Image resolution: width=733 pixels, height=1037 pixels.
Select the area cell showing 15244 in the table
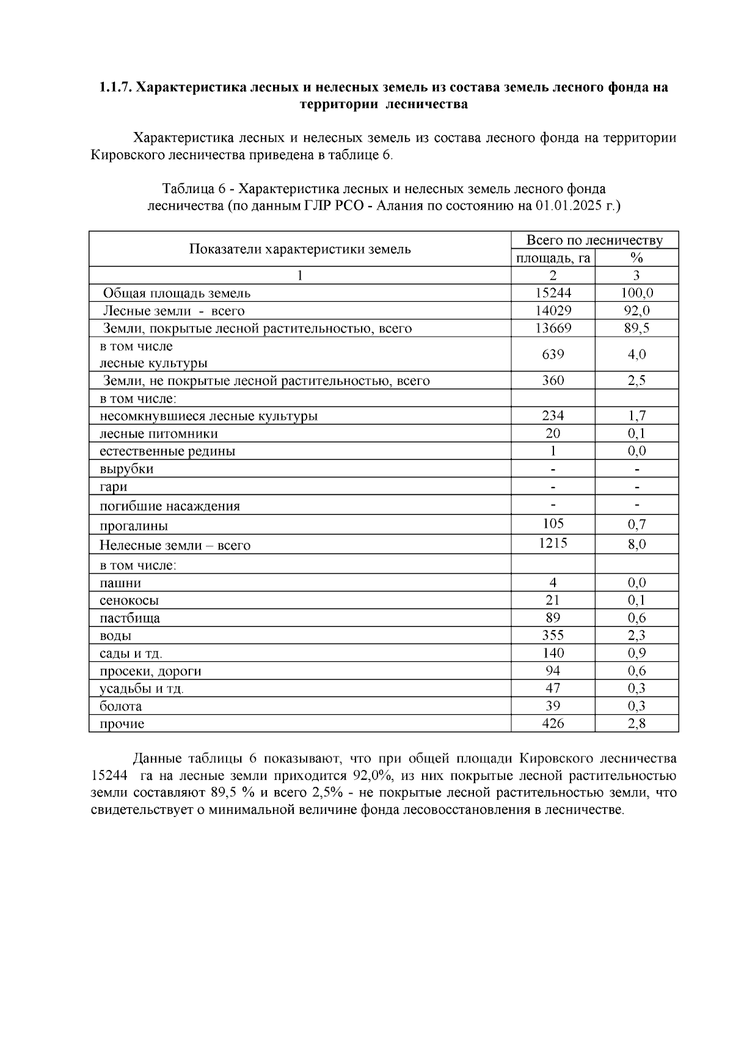pyautogui.click(x=553, y=293)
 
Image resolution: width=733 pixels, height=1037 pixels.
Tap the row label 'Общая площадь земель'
pyautogui.click(x=177, y=293)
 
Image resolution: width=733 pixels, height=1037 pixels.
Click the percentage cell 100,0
pyautogui.click(x=636, y=293)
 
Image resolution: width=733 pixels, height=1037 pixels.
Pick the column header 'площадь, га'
pyautogui.click(x=553, y=258)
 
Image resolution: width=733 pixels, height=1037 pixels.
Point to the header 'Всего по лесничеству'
pyautogui.click(x=594, y=240)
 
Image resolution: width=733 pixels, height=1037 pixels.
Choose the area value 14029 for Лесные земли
pyautogui.click(x=553, y=310)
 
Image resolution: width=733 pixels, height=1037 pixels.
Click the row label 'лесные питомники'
pyautogui.click(x=159, y=434)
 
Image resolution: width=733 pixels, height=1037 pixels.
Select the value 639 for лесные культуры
pyautogui.click(x=553, y=354)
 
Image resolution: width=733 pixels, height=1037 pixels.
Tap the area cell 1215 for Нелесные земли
pyautogui.click(x=553, y=543)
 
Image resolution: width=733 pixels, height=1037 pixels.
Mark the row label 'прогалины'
pyautogui.click(x=134, y=526)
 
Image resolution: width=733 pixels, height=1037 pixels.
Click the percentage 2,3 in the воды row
pyautogui.click(x=636, y=636)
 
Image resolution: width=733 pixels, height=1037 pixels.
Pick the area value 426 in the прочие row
pyautogui.click(x=553, y=724)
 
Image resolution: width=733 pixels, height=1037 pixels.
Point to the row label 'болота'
pyautogui.click(x=121, y=706)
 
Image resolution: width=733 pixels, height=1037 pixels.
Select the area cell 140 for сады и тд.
pyautogui.click(x=553, y=653)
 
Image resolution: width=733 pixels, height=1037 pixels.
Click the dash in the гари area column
pyautogui.click(x=553, y=487)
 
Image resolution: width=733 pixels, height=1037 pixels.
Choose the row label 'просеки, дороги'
pyautogui.click(x=150, y=671)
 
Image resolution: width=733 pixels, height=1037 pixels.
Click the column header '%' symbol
pyautogui.click(x=636, y=258)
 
